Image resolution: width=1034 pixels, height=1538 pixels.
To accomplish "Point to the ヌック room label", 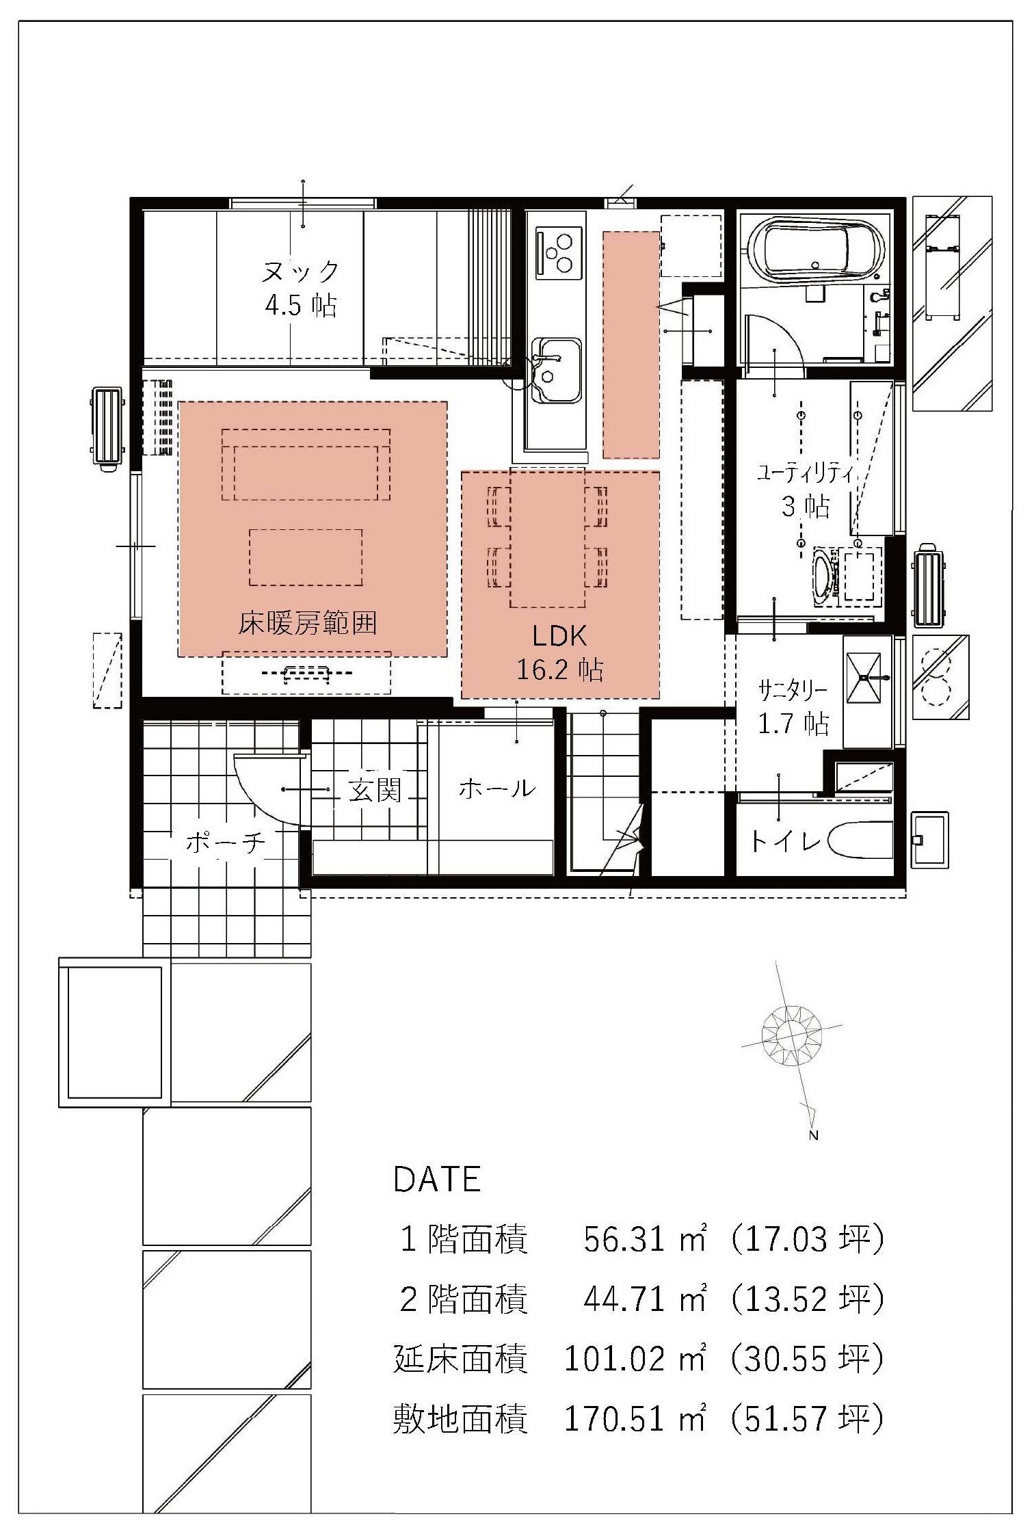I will [300, 271].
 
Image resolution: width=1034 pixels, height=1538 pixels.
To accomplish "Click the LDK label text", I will [559, 636].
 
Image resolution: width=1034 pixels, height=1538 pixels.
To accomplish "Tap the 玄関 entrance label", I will [375, 790].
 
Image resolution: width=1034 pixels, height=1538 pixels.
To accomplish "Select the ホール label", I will [496, 788].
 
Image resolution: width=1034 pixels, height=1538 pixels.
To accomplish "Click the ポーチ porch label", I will [224, 842].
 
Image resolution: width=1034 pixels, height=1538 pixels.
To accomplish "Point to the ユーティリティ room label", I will [804, 473].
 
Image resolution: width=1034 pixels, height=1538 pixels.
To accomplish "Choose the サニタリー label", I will [793, 691].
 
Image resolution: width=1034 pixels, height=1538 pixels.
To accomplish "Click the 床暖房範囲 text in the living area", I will [307, 623].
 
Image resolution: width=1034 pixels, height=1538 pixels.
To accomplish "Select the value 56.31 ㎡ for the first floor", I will [644, 1239].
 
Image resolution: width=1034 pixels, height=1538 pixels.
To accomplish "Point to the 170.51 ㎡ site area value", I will [634, 1418].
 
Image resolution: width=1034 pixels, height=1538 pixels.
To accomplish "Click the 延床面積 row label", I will [460, 1359].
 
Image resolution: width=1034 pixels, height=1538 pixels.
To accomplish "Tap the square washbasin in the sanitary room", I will [864, 678].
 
